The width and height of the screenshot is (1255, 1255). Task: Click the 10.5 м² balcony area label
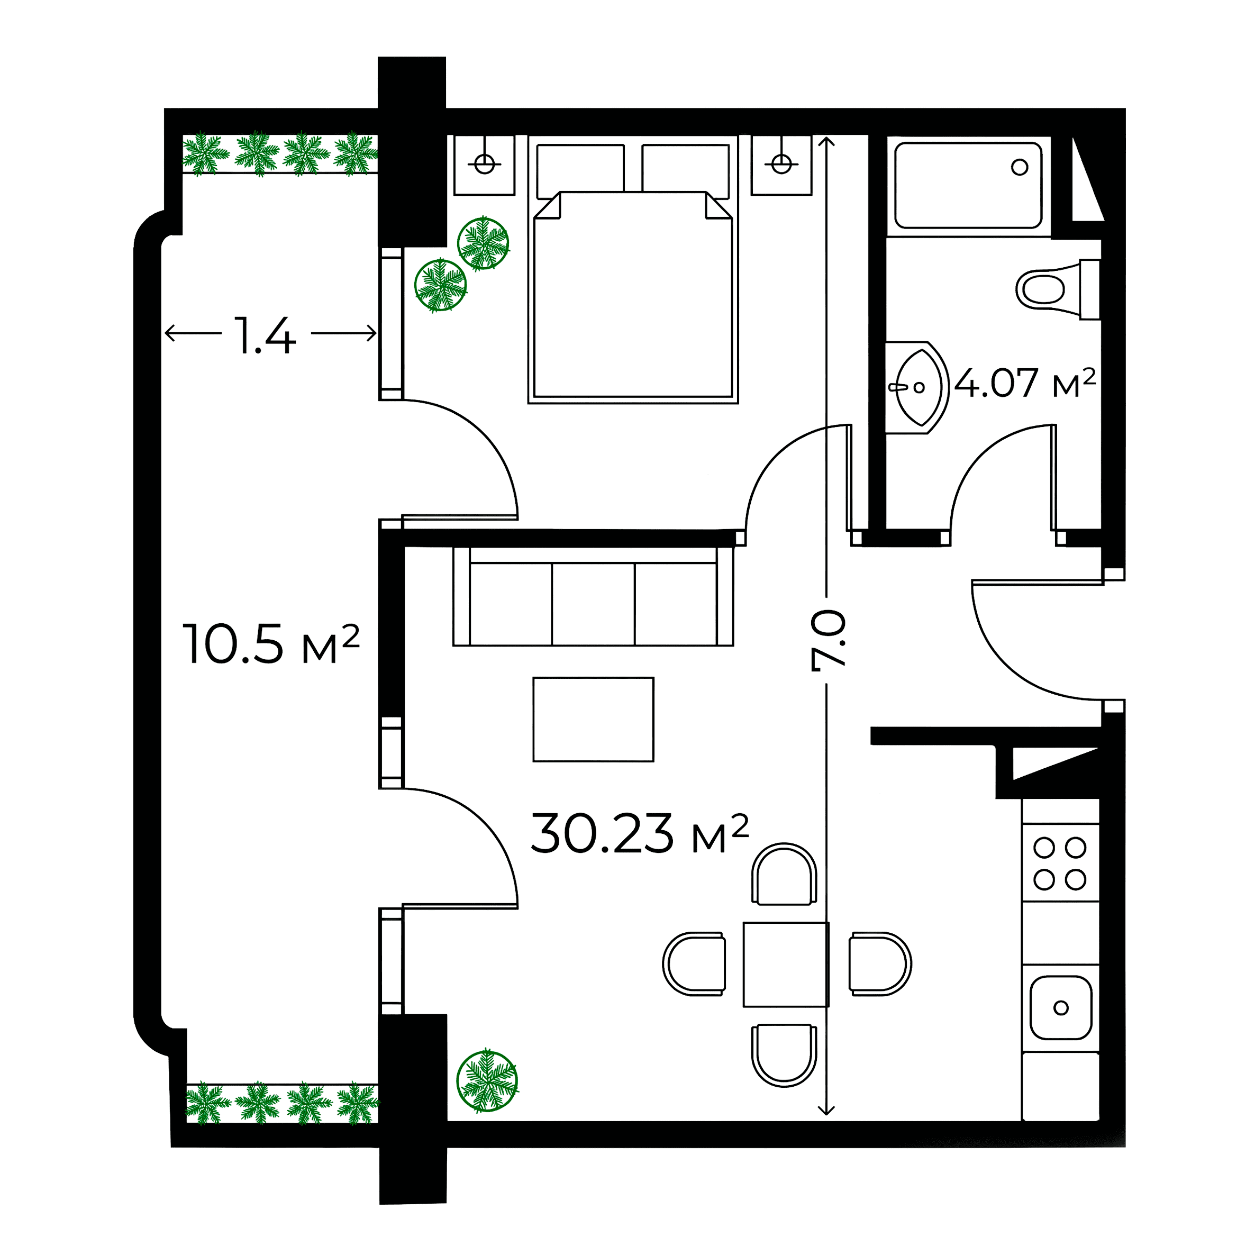(270, 644)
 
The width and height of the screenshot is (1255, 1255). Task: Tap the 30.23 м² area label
(640, 834)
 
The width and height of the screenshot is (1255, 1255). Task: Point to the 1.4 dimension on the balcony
(265, 336)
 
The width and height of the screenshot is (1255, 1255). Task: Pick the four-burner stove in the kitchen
(1060, 863)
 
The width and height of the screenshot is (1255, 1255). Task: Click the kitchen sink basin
(1061, 1007)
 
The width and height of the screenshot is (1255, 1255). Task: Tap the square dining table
(785, 964)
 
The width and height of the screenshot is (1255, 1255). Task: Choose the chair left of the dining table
(694, 964)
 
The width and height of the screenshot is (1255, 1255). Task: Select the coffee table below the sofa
(593, 719)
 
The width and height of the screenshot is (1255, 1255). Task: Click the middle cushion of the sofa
(593, 604)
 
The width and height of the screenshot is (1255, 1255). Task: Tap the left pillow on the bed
(580, 168)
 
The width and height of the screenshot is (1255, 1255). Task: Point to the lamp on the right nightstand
(781, 163)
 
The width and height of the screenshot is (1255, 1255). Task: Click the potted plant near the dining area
(487, 1081)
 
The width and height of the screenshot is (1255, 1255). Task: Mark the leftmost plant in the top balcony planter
(205, 154)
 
